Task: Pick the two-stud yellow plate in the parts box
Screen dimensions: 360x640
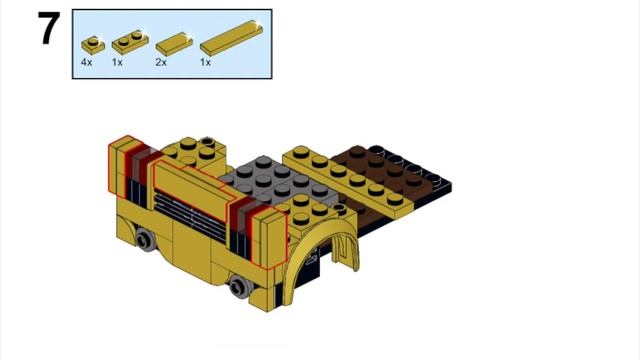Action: (x=127, y=43)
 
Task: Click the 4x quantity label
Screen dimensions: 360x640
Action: (x=87, y=62)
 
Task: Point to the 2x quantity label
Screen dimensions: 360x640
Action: (x=161, y=62)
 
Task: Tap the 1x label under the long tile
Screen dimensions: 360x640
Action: (x=206, y=62)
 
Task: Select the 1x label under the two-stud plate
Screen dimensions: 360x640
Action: (x=117, y=62)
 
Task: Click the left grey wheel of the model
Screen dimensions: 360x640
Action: (x=147, y=239)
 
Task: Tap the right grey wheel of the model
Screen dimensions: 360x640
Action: (x=239, y=288)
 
